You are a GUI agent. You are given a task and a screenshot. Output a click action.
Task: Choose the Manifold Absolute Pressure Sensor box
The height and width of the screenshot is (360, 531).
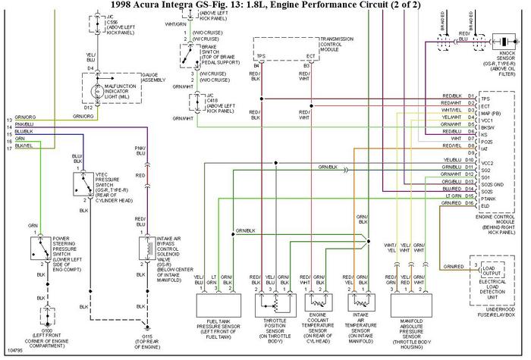[415, 310]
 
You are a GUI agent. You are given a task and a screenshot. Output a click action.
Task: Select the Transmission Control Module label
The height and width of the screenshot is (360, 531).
[340, 43]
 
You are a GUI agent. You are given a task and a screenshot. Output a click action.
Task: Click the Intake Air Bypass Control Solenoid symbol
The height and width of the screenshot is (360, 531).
[140, 247]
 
